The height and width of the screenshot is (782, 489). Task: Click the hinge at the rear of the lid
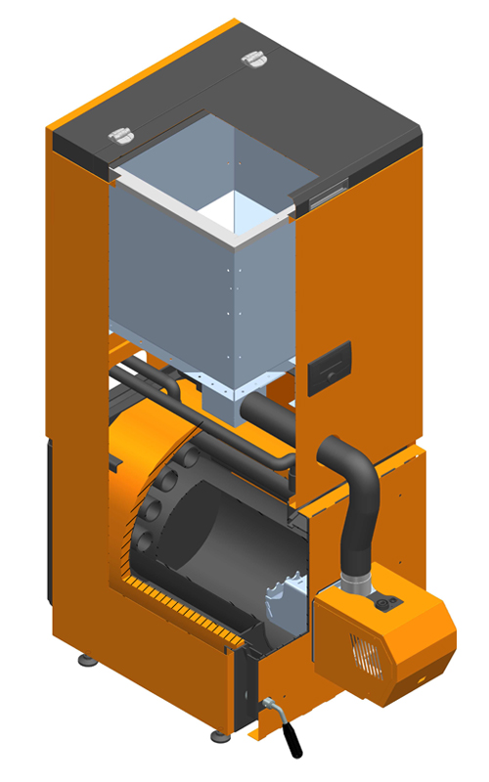[255, 60]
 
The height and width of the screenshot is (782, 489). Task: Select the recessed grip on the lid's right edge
[322, 193]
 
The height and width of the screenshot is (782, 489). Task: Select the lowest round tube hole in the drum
[145, 540]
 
